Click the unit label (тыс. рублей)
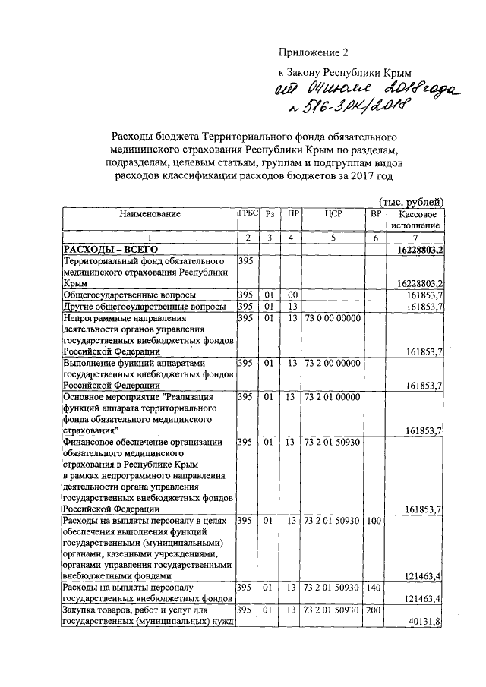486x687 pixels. [x=410, y=200]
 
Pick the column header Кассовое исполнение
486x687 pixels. [x=415, y=219]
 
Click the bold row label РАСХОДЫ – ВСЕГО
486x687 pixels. [x=109, y=250]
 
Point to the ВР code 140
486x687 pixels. [x=374, y=588]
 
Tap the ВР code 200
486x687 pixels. [x=374, y=610]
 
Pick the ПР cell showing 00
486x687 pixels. [x=291, y=295]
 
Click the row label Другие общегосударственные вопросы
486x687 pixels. [x=144, y=306]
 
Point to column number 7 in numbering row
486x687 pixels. [x=415, y=238]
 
